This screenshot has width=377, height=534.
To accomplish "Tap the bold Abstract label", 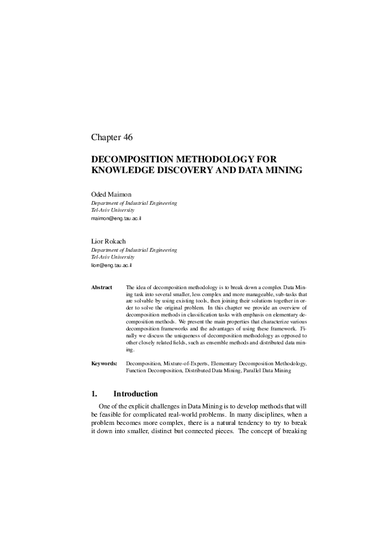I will pos(101,287).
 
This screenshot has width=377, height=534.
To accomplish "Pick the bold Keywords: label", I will pos(104,363).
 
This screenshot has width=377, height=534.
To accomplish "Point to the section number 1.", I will pos(94,394).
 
